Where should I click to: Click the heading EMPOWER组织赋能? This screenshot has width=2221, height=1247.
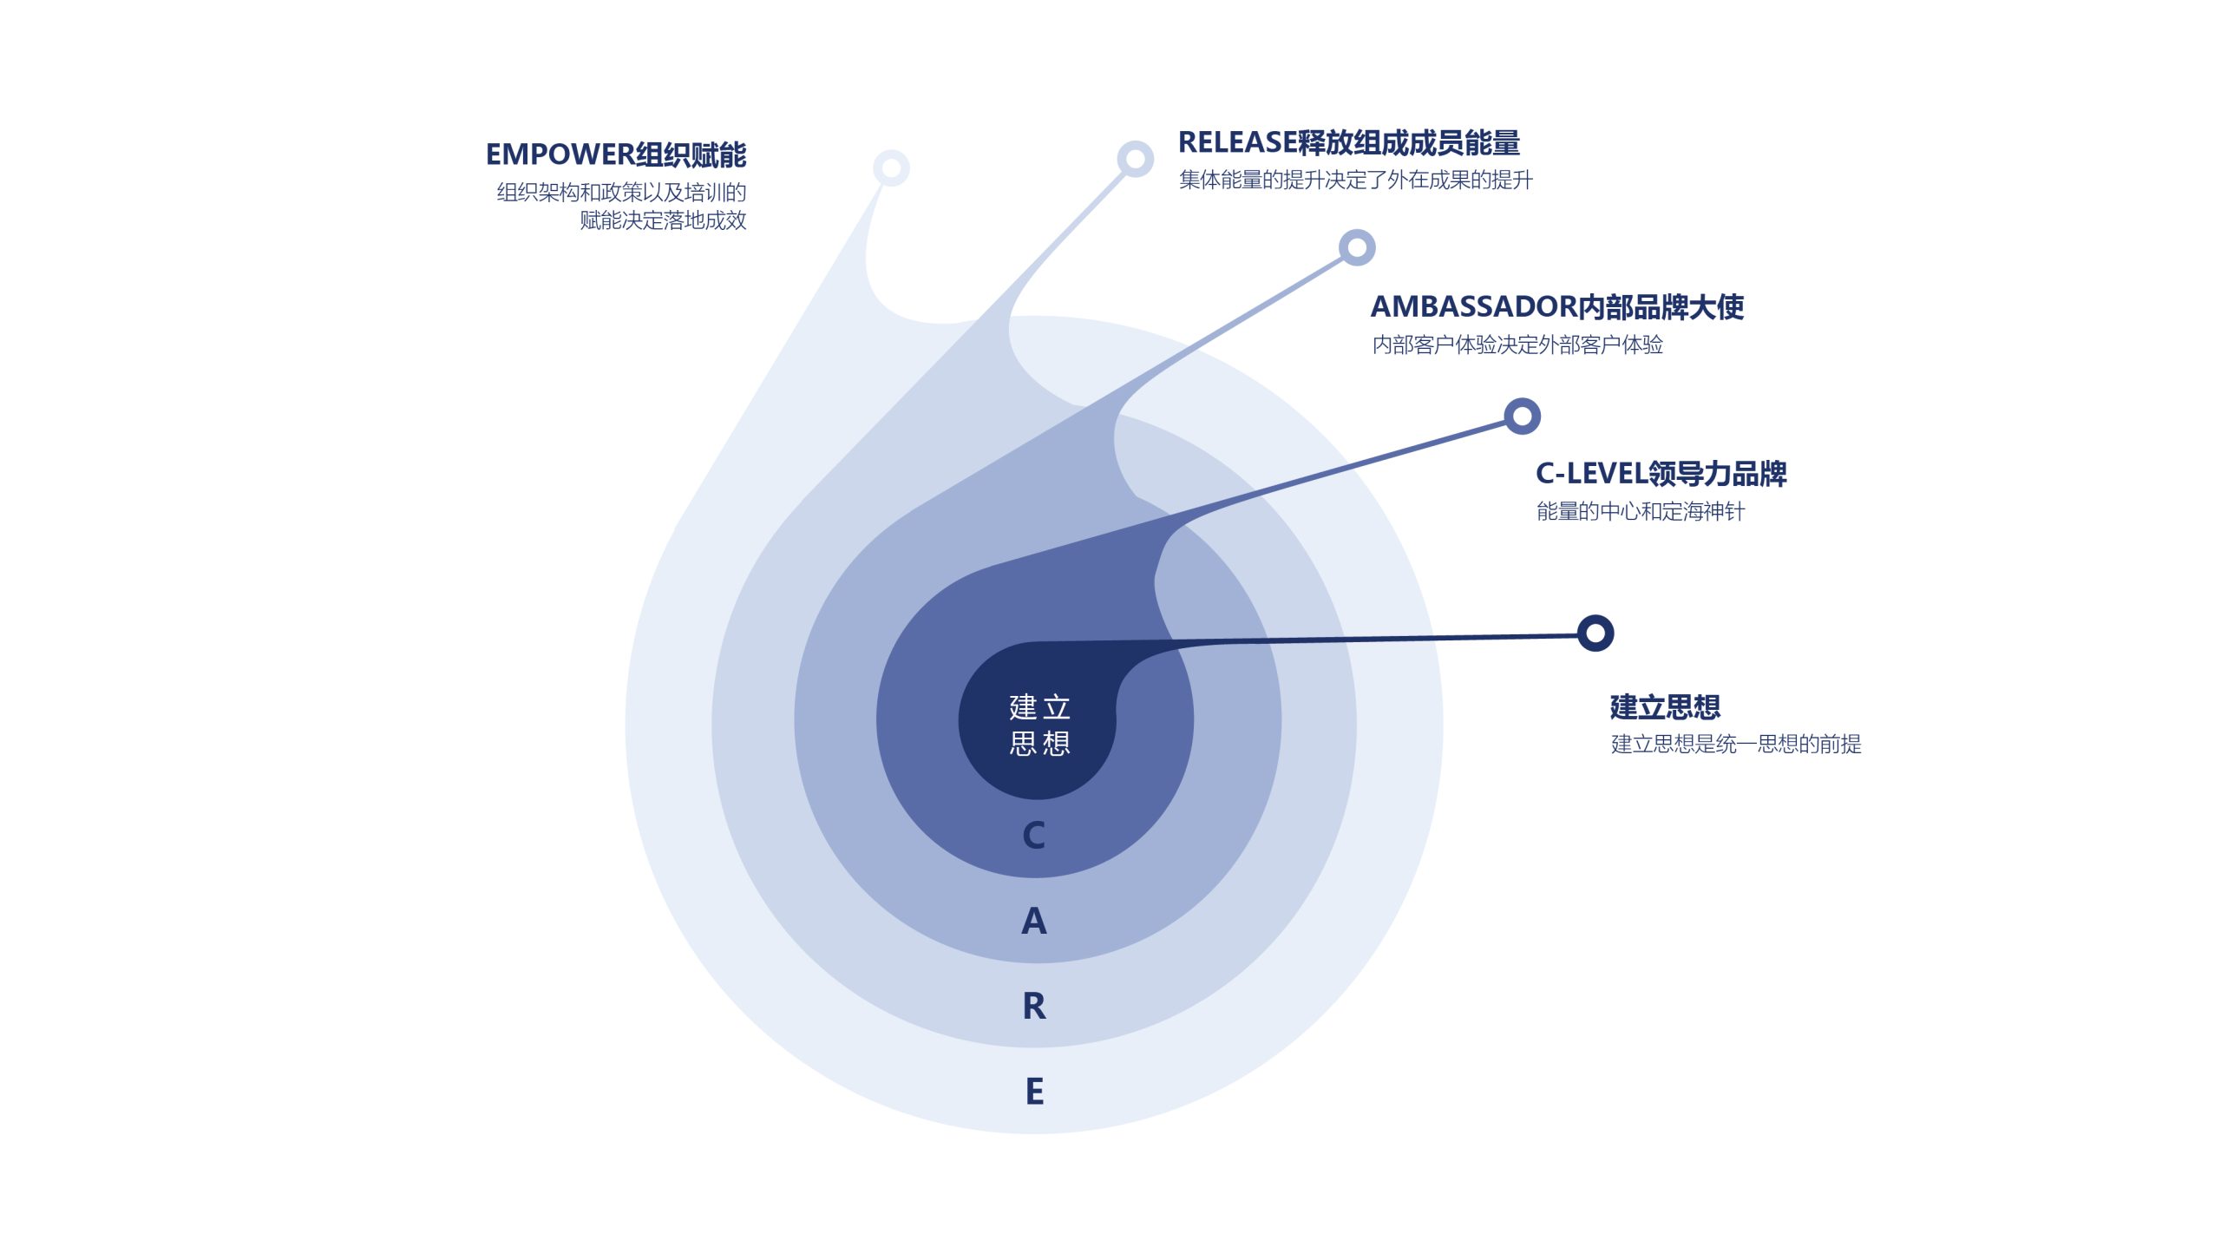pyautogui.click(x=616, y=154)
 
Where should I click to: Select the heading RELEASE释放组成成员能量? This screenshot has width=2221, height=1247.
pyautogui.click(x=1349, y=142)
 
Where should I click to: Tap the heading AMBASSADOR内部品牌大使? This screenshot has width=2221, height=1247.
pyautogui.click(x=1557, y=306)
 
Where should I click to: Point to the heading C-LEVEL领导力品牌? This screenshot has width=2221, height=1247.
pyautogui.click(x=1661, y=473)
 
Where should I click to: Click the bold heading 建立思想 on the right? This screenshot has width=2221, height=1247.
pyautogui.click(x=1665, y=706)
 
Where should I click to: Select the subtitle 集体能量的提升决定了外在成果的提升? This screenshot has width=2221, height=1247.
pyautogui.click(x=1356, y=180)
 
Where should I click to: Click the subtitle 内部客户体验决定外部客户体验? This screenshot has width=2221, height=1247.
pyautogui.click(x=1517, y=345)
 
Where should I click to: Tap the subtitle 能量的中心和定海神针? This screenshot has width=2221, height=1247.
pyautogui.click(x=1641, y=511)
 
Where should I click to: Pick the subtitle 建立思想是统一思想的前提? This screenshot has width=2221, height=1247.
pyautogui.click(x=1736, y=744)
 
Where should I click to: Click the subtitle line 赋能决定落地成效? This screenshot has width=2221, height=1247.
pyautogui.click(x=663, y=220)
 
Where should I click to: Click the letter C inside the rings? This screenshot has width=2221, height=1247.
pyautogui.click(x=1034, y=835)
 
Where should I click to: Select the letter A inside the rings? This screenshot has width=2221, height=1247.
pyautogui.click(x=1034, y=921)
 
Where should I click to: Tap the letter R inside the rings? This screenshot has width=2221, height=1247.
pyautogui.click(x=1034, y=1006)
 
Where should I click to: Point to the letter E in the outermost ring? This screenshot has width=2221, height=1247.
pyautogui.click(x=1034, y=1091)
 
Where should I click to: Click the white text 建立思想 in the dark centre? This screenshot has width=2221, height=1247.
pyautogui.click(x=1039, y=725)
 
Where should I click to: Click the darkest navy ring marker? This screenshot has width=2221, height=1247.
pyautogui.click(x=1595, y=633)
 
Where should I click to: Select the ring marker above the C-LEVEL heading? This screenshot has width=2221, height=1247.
pyautogui.click(x=1522, y=417)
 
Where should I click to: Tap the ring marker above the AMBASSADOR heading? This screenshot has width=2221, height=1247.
pyautogui.click(x=1357, y=247)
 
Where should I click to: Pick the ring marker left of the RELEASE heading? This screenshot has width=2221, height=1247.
pyautogui.click(x=1135, y=159)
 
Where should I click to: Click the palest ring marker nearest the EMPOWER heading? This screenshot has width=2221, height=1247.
pyautogui.click(x=891, y=167)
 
